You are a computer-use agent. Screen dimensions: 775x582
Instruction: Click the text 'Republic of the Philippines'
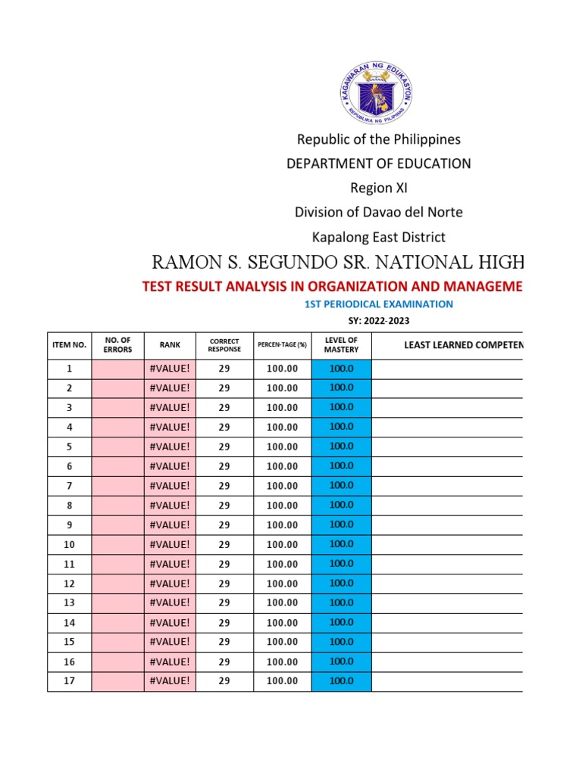pyautogui.click(x=378, y=139)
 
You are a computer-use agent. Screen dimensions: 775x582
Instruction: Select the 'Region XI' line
pyautogui.click(x=378, y=188)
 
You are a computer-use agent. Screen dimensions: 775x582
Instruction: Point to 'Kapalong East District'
pyautogui.click(x=378, y=238)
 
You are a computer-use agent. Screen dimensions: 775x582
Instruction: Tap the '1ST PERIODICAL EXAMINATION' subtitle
pyautogui.click(x=378, y=304)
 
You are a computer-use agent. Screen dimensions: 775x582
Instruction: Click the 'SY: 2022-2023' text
pyautogui.click(x=378, y=322)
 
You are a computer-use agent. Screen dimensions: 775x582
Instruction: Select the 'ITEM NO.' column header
pyautogui.click(x=69, y=345)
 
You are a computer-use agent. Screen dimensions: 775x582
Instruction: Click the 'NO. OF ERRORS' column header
pyautogui.click(x=117, y=345)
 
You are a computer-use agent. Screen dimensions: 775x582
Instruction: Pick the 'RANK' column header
pyautogui.click(x=170, y=345)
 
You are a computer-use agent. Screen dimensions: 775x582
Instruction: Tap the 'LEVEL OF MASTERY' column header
pyautogui.click(x=341, y=345)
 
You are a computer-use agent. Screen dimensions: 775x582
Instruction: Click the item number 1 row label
pyautogui.click(x=69, y=369)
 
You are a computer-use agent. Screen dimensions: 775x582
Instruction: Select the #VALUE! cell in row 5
pyautogui.click(x=170, y=447)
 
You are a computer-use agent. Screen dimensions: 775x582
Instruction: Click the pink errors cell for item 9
pyautogui.click(x=117, y=524)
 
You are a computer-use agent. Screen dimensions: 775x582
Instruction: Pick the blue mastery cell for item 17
pyautogui.click(x=341, y=680)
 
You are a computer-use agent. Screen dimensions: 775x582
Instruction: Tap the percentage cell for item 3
pyautogui.click(x=282, y=408)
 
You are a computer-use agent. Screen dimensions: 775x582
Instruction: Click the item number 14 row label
pyautogui.click(x=69, y=622)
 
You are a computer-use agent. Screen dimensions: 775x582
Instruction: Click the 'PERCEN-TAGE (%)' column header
pyautogui.click(x=282, y=345)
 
